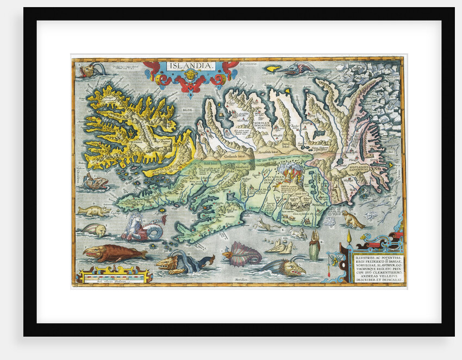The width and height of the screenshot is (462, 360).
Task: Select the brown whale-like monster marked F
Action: pyautogui.click(x=114, y=253)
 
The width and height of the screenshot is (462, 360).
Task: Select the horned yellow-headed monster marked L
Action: pyautogui.click(x=283, y=266)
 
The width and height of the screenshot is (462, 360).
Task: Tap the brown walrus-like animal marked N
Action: pyautogui.click(x=353, y=220)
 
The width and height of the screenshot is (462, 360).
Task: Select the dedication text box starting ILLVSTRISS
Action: pyautogui.click(x=377, y=267)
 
